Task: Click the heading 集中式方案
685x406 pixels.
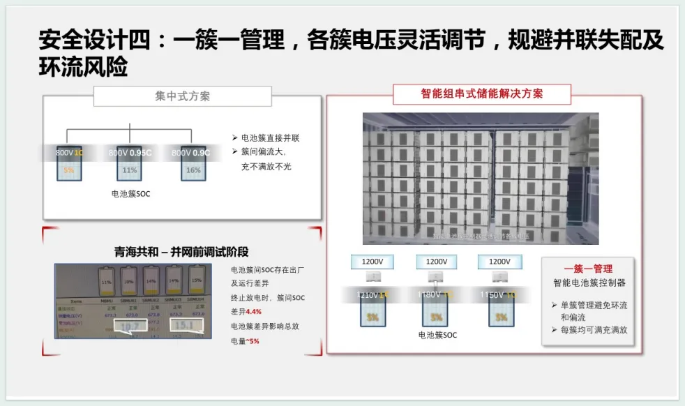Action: (182, 96)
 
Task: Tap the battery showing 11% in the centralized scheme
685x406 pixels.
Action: (130, 169)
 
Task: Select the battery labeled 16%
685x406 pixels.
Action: (193, 169)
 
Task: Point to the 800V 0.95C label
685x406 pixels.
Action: (130, 151)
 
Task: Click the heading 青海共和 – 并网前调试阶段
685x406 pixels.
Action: (181, 252)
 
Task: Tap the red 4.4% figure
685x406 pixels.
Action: (253, 311)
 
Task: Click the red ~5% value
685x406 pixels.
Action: (251, 340)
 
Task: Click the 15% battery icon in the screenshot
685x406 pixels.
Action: (196, 280)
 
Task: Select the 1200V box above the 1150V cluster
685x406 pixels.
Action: (499, 262)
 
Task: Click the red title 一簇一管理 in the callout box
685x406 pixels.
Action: (587, 269)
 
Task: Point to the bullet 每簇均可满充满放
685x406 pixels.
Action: (593, 329)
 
